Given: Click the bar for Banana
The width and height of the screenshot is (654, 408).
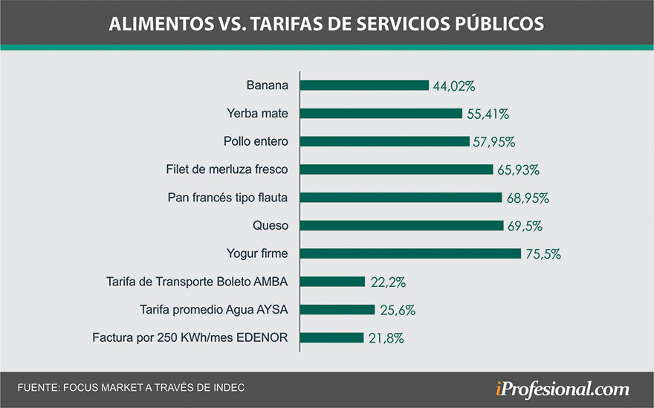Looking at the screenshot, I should tap(364, 85).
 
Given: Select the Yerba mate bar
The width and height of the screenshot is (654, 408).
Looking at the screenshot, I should tap(381, 113).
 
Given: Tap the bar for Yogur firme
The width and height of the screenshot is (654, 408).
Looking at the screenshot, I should tap(410, 253).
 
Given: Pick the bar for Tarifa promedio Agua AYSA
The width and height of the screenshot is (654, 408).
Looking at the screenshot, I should tap(337, 309).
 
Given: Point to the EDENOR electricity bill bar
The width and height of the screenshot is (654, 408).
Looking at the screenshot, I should tap(331, 337).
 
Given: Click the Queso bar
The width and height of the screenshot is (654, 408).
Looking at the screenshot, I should tap(401, 225).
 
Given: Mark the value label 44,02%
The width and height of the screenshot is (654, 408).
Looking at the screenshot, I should tap(453, 85).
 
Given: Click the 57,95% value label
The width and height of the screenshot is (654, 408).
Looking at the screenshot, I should tap(494, 141).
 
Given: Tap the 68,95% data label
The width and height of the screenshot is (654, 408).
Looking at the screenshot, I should tap(527, 198).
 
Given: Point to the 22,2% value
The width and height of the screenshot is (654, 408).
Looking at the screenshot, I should tap(387, 282).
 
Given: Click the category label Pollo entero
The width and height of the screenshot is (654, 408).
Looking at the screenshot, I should tap(256, 141).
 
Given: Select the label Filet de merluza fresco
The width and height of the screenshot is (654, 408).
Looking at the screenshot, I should tap(227, 169).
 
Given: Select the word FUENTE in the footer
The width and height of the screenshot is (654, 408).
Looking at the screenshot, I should tap(37, 388).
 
